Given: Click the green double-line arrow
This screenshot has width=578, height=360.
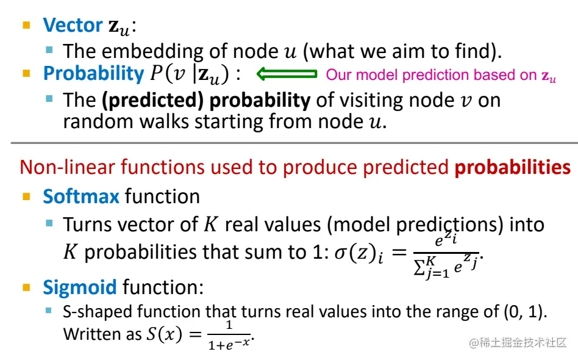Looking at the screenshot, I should coord(287,74).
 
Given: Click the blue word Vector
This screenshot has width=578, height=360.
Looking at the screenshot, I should coord(73,25).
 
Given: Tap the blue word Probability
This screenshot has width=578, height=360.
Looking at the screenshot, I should coord(93,74).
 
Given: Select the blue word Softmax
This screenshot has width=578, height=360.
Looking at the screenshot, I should coord(81,196).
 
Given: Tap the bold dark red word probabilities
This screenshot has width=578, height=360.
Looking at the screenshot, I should coord(513,167).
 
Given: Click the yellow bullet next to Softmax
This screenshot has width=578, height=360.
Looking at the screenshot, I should coord(26,197).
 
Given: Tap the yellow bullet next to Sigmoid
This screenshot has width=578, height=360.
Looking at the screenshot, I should coord(26,286).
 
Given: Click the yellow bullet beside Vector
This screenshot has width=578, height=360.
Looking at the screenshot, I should coord(26,26).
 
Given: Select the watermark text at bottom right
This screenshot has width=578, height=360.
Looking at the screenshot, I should coord(518,342).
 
